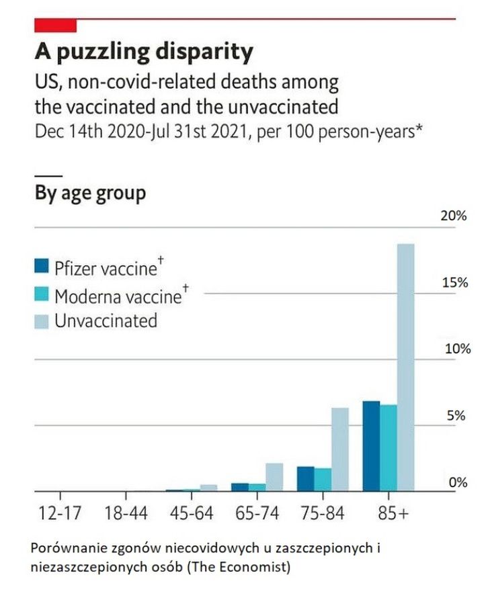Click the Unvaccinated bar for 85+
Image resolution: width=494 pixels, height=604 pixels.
coord(406,367)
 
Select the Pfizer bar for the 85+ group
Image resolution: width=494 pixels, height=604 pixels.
coord(372,446)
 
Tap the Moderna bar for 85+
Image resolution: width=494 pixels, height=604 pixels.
coord(388,447)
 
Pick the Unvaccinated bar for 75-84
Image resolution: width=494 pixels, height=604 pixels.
coord(340,449)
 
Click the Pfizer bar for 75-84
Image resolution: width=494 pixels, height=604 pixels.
coord(306,478)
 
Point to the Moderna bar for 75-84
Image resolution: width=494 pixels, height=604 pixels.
coord(323,480)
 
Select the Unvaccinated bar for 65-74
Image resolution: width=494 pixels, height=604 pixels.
coord(274,477)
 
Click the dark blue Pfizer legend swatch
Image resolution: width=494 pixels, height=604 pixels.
coord(42,267)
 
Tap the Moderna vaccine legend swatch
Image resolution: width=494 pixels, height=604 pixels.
coord(42,294)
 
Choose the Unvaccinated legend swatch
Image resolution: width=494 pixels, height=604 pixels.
coord(42,321)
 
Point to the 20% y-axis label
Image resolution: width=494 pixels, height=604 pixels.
coord(454,216)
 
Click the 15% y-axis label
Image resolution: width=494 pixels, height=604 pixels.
coord(454,283)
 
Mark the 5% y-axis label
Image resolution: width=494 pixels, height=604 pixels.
coord(457,416)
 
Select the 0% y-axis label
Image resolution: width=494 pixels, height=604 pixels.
coord(457,482)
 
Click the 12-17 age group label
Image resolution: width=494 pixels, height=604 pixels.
coord(60,513)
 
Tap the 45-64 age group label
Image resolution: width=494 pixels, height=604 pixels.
coord(191,513)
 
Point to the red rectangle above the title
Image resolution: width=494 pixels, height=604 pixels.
coord(55,26)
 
